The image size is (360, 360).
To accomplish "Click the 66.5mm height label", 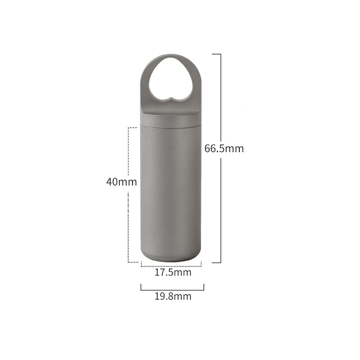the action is pos(224,148).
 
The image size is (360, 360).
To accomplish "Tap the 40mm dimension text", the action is pos(121,182).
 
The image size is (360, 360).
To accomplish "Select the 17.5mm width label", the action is pos(173,272).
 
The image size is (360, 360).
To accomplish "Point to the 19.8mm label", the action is pos(173,296).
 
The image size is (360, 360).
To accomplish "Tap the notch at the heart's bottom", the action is pos(171,98).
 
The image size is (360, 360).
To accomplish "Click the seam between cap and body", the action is pos(171,126).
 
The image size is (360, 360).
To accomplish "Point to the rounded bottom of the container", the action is pos(171,257).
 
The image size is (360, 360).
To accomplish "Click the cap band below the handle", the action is pos(171,119).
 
